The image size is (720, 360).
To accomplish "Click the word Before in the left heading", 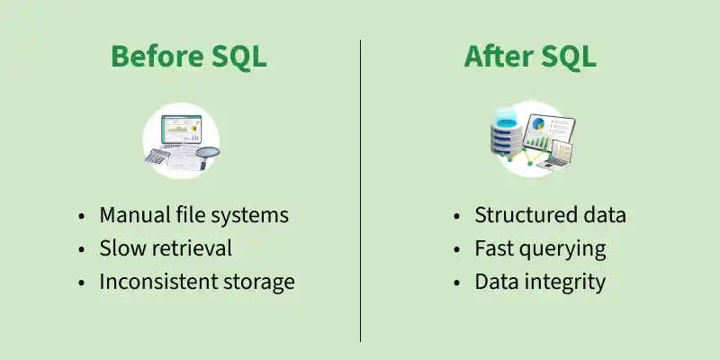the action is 157,57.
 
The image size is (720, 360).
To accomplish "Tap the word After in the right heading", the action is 498,57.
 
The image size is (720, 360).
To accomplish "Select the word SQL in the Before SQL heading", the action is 238,58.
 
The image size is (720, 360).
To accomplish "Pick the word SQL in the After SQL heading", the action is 568,58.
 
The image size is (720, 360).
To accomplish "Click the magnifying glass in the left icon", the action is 206,154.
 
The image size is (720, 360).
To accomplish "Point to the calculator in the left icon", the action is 157,156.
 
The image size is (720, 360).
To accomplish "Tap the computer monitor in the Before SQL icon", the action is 182,130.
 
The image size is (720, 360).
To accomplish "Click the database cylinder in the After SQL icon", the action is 507,133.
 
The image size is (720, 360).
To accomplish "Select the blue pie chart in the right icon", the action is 538,123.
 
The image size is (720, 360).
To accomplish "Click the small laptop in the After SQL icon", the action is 559,154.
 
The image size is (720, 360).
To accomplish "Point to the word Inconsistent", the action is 158,282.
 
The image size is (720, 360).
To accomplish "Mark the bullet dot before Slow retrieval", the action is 81,249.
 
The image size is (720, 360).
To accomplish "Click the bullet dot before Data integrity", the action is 456,283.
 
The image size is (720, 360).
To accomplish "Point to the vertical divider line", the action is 361,191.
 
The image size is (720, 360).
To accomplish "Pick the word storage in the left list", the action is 259,283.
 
